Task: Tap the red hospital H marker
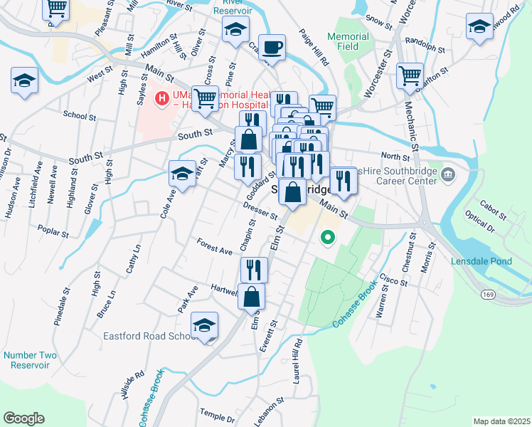162,98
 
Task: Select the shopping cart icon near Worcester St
410,75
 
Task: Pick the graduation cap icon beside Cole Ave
182,174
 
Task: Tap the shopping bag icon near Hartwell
252,297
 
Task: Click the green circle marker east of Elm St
327,238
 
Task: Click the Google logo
23,418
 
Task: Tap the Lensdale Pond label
482,261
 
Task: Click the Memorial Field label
348,41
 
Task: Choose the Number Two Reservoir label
29,360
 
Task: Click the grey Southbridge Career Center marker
448,174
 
